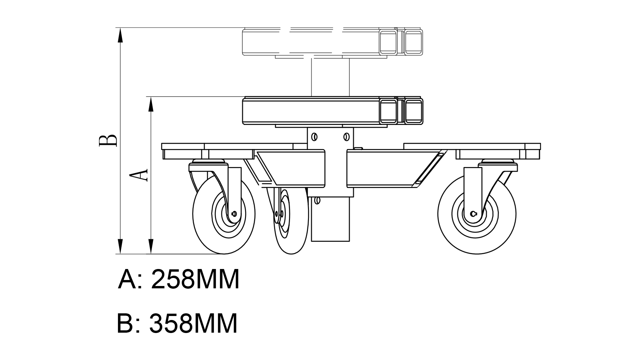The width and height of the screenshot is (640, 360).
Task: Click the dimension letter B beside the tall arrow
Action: pyautogui.click(x=108, y=141)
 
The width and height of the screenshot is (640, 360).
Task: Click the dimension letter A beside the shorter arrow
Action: pyautogui.click(x=138, y=175)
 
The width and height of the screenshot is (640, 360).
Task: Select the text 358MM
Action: pyautogui.click(x=193, y=323)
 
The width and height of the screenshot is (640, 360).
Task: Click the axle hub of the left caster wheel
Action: pyautogui.click(x=234, y=214)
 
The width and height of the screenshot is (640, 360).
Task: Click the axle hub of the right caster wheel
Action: pyautogui.click(x=474, y=214)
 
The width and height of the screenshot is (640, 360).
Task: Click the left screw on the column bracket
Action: pyautogui.click(x=314, y=136)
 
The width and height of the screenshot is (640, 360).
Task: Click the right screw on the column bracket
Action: pyautogui.click(x=346, y=136)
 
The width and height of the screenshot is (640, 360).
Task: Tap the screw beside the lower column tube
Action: pyautogui.click(x=317, y=200)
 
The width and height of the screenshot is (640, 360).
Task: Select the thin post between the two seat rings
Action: pyautogui.click(x=330, y=77)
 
